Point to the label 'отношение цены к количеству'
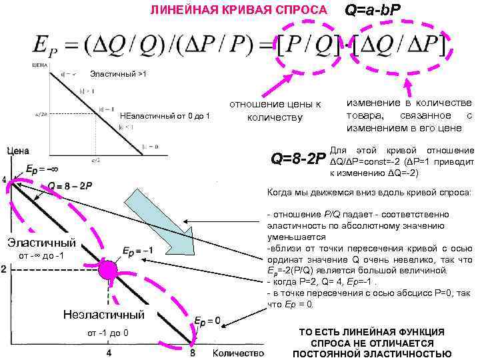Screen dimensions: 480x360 click(x=275, y=111)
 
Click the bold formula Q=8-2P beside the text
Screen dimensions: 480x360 click(x=298, y=159)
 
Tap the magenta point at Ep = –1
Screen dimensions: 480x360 click(x=107, y=270)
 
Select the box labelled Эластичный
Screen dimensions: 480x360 click(x=42, y=243)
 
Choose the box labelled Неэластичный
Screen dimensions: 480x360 click(x=103, y=314)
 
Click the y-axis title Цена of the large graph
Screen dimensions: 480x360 click(x=18, y=152)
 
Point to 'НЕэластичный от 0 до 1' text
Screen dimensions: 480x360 click(x=165, y=117)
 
